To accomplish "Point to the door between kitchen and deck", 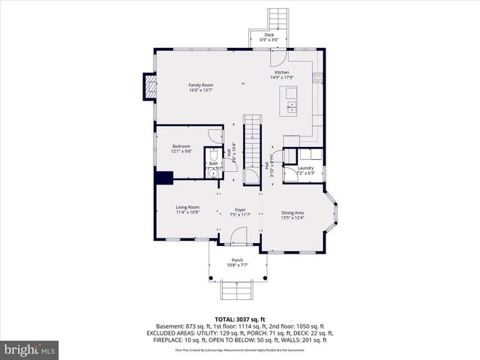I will coord(278,57).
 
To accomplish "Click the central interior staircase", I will coord(252,139).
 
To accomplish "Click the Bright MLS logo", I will coord(30,349).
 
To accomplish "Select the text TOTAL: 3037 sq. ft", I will coord(239,318).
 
